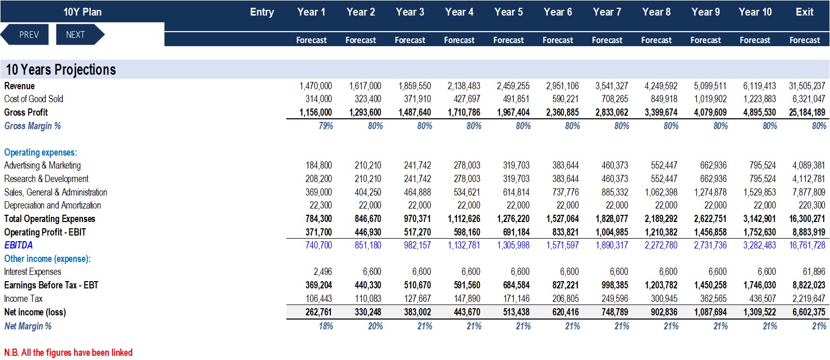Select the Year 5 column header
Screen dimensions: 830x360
click(508, 12)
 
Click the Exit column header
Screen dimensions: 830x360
click(805, 12)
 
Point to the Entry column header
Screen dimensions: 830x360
click(262, 12)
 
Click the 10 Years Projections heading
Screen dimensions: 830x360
click(61, 70)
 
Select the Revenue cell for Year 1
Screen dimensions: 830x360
click(316, 86)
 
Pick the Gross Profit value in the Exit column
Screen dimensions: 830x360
click(807, 112)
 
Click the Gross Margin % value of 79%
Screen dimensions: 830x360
click(326, 126)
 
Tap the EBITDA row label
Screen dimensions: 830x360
click(19, 245)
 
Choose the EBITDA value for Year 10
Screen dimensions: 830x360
click(759, 245)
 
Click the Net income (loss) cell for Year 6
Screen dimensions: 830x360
click(565, 312)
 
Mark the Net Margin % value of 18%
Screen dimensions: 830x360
click(326, 326)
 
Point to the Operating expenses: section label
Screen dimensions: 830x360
click(41, 152)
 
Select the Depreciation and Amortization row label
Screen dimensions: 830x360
click(52, 205)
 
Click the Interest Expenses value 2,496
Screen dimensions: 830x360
click(323, 271)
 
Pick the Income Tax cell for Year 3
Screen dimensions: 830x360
click(418, 298)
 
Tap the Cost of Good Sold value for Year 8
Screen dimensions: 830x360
click(664, 99)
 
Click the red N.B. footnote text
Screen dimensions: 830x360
click(68, 352)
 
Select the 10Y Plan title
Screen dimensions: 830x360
click(82, 12)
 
